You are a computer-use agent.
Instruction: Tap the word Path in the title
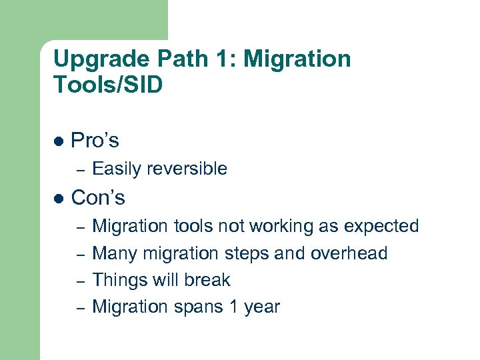179,60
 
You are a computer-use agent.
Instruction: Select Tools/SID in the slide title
107,85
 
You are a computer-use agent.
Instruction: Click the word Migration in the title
297,60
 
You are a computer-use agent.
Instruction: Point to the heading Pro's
95,141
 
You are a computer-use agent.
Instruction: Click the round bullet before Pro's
58,141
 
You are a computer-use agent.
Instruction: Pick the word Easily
115,169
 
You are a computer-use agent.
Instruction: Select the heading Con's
97,198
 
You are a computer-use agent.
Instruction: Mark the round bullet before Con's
58,199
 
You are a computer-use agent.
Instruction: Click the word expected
381,227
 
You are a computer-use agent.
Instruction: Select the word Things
119,280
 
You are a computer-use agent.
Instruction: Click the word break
205,280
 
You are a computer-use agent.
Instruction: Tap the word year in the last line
260,307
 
